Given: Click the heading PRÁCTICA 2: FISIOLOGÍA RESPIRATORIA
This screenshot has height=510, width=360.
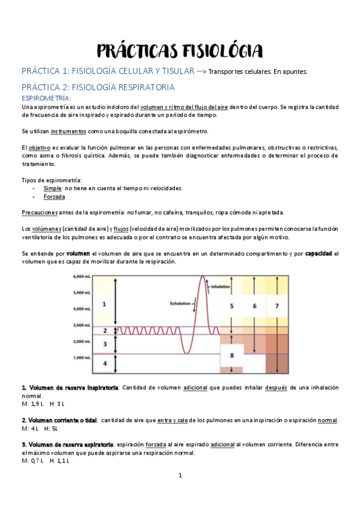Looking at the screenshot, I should (98, 87).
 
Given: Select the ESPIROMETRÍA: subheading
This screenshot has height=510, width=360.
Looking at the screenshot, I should (46, 98).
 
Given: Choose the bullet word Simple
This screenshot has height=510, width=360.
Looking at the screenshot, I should (52, 188).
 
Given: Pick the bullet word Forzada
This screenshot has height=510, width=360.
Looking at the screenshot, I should (54, 197).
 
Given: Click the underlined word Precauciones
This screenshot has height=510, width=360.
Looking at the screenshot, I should (40, 212).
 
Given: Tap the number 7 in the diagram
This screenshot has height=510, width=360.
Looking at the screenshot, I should (276, 306).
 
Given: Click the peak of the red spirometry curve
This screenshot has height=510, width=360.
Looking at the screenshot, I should (203, 277).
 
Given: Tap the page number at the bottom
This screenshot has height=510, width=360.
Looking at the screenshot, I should (180, 476).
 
